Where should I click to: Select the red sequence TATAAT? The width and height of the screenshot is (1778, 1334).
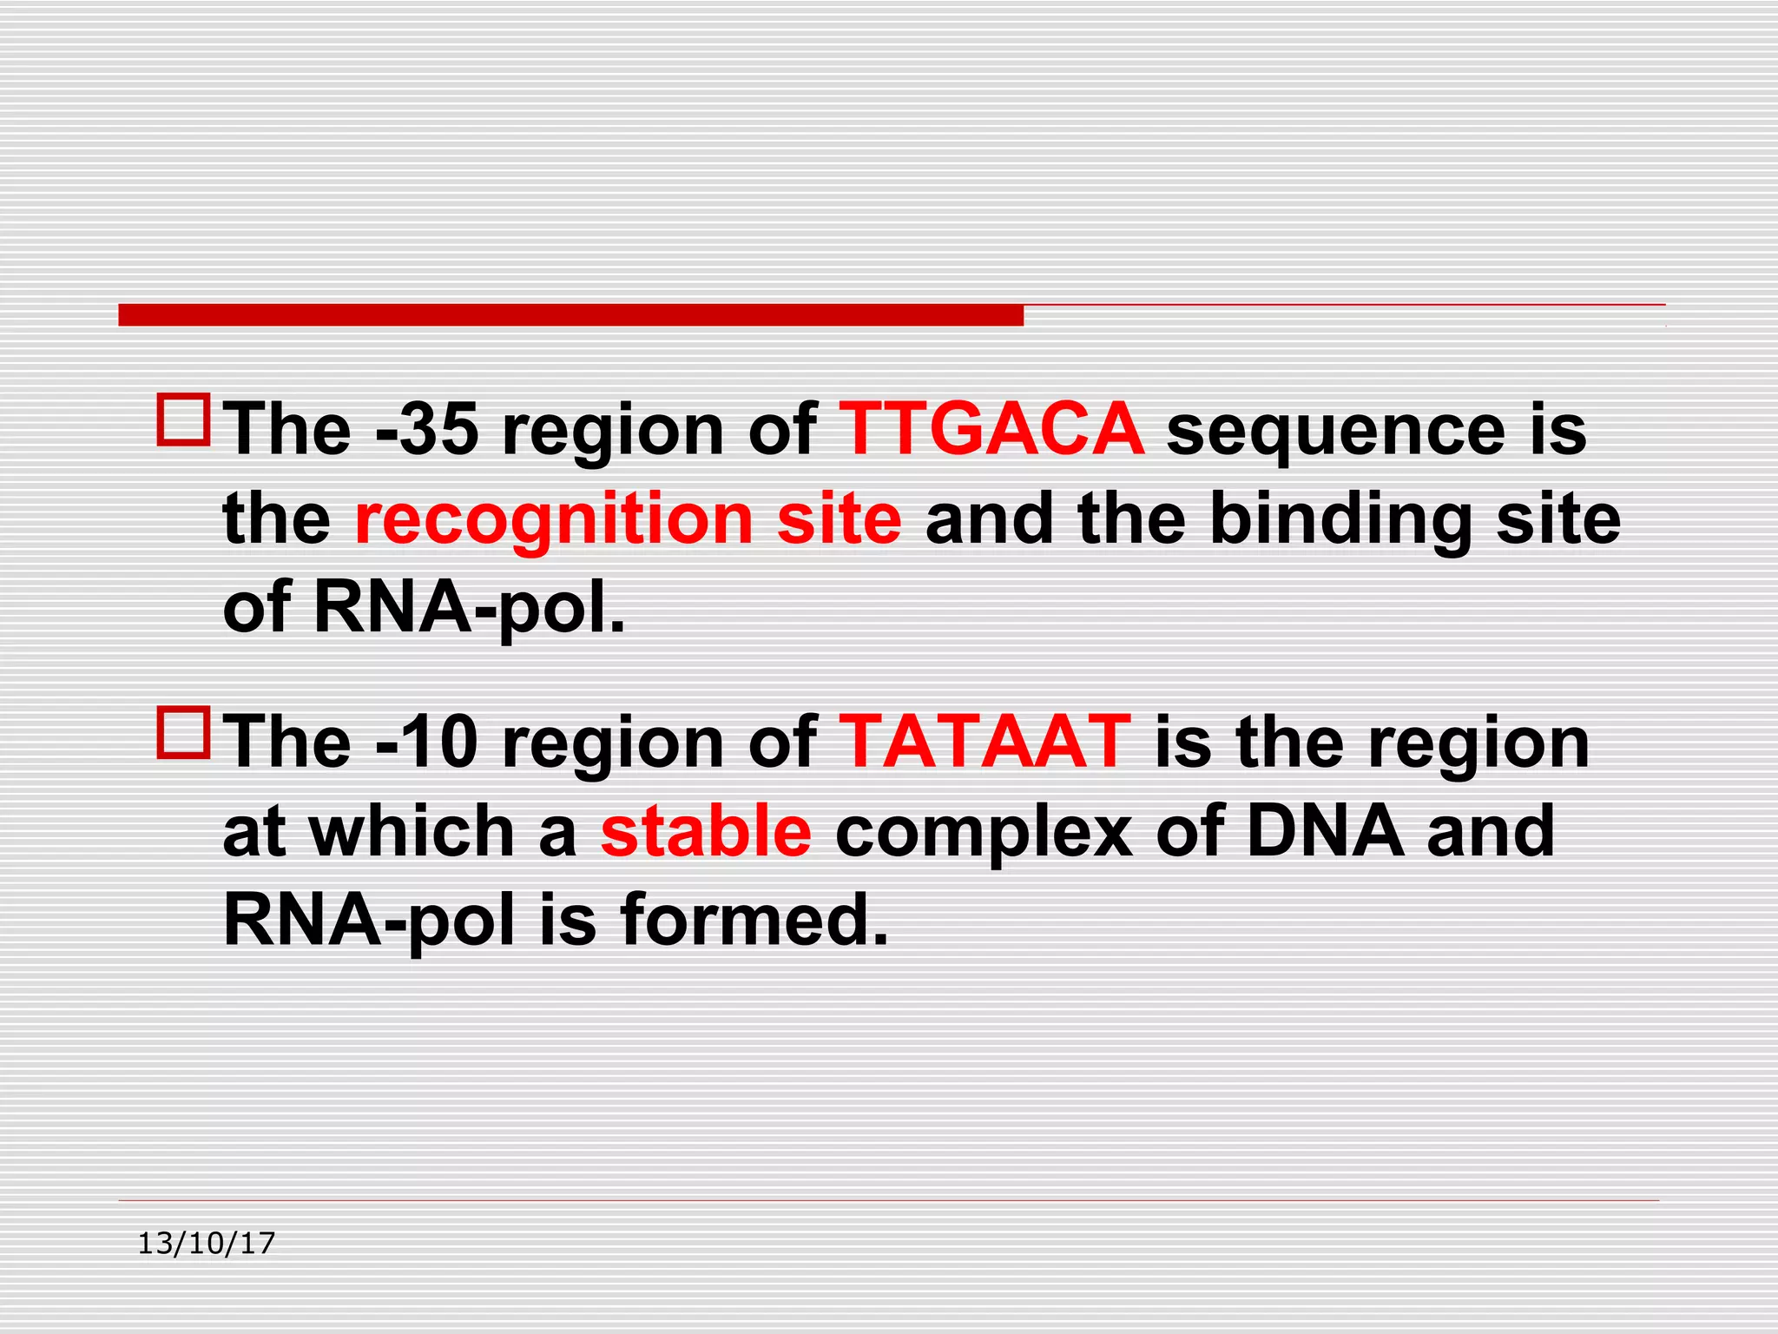click(984, 743)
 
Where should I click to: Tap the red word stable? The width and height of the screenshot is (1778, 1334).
click(706, 831)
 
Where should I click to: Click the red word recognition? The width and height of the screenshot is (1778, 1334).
click(554, 518)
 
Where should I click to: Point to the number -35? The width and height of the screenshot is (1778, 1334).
click(428, 429)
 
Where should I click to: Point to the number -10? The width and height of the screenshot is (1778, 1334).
click(428, 743)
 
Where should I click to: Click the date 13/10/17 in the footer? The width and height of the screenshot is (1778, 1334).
click(207, 1244)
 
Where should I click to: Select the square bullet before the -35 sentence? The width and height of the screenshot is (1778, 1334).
click(183, 420)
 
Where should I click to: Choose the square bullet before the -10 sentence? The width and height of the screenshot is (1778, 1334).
click(183, 733)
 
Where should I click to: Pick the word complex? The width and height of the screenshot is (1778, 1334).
click(984, 833)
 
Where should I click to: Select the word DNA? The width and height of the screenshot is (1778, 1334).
click(1325, 831)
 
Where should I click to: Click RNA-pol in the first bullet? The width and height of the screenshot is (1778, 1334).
click(469, 608)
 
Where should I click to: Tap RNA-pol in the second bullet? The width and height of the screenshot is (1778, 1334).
click(369, 921)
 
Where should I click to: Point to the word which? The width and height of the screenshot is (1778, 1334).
click(413, 831)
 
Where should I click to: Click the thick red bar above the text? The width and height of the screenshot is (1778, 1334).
click(570, 315)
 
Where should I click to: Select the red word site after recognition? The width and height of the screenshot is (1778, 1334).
click(840, 518)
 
